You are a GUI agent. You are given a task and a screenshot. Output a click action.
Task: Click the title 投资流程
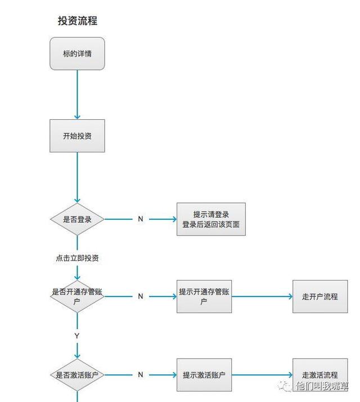(78, 21)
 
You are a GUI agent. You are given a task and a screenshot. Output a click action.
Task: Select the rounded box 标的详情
(77, 54)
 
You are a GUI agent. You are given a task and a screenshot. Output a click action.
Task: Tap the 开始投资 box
(77, 136)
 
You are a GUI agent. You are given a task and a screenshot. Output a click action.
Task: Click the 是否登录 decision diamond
(77, 219)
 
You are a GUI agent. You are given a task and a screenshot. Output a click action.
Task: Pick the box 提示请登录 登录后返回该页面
(211, 219)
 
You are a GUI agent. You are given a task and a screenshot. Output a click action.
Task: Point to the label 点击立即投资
(78, 258)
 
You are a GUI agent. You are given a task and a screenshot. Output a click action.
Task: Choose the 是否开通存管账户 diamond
(77, 296)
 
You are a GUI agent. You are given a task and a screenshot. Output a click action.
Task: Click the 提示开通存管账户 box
(204, 296)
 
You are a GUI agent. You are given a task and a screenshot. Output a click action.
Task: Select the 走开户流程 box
(319, 296)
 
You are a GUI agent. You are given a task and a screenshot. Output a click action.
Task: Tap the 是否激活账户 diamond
(77, 374)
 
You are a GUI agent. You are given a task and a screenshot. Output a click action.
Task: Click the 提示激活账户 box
(204, 374)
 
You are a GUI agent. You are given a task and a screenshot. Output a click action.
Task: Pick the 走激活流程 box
(319, 374)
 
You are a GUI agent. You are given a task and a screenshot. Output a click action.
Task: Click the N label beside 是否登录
(141, 219)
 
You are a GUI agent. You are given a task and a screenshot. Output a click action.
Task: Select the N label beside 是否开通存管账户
(141, 296)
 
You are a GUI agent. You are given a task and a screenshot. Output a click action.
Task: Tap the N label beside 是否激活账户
(141, 374)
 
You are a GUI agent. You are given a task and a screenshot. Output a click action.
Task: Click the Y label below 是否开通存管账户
(77, 336)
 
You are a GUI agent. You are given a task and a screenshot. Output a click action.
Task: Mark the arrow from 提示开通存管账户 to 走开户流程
(262, 296)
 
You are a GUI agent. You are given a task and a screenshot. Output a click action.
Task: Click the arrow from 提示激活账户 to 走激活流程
(262, 374)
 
